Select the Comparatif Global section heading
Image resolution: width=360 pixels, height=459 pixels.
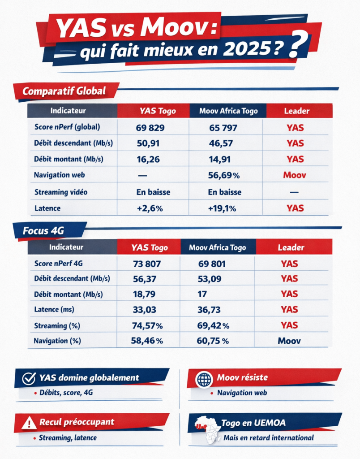(64, 91)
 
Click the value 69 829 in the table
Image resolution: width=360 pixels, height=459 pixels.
(150, 128)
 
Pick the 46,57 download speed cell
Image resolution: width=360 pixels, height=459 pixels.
(222, 143)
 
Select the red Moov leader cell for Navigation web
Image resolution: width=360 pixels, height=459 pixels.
(295, 175)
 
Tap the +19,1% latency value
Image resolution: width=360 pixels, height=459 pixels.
(222, 208)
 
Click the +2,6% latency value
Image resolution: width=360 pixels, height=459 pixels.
(148, 208)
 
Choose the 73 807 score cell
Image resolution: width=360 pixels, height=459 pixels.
(147, 264)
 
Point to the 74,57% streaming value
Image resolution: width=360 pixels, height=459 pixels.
(147, 325)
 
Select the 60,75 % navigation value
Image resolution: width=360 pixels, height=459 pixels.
(213, 341)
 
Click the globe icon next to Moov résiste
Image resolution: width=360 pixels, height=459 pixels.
(204, 379)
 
